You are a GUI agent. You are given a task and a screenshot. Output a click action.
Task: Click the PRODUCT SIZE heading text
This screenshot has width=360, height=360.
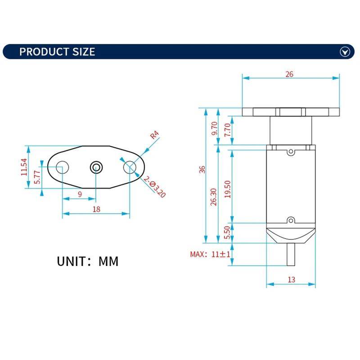point(57,51)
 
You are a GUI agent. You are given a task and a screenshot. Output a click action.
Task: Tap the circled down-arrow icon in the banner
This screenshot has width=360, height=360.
point(345,52)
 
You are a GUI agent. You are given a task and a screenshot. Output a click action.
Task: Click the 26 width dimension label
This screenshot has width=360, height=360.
point(289,74)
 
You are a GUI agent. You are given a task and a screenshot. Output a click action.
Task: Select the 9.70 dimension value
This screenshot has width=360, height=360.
point(214,129)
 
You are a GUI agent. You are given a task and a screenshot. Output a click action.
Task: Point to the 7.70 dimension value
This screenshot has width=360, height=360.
point(228,130)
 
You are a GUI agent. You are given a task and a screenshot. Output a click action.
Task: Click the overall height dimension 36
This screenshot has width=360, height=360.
point(202,169)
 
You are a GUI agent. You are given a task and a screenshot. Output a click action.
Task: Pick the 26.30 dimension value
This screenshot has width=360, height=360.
point(214,197)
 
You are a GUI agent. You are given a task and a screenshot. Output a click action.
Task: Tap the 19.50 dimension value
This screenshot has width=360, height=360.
point(228,189)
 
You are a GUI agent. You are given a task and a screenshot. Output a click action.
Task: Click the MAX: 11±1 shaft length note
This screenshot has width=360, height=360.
point(211,254)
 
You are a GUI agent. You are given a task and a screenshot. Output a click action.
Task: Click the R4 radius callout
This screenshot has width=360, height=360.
point(155,134)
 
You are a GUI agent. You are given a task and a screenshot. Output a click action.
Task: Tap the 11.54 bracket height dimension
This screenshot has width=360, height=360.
point(24,167)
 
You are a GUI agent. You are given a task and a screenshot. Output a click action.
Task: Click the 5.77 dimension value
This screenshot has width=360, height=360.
point(38,176)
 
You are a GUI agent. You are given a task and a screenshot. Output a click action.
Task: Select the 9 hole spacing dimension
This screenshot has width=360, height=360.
point(80,194)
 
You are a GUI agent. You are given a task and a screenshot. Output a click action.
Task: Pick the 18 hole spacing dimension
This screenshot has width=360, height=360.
point(96,209)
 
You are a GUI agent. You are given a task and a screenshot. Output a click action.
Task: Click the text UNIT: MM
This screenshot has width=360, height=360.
point(88,261)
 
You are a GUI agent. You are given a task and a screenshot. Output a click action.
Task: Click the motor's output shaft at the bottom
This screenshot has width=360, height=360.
point(291,255)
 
